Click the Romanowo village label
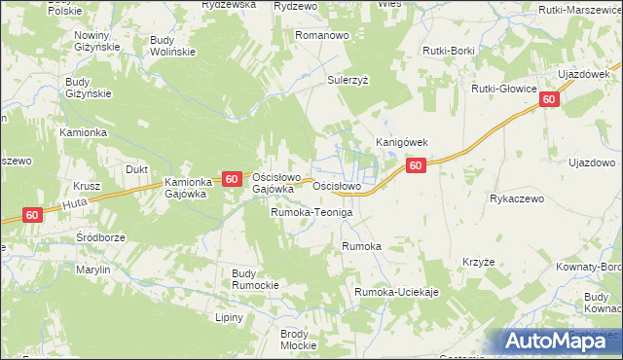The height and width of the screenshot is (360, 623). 322,34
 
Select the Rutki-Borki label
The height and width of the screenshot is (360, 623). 448,50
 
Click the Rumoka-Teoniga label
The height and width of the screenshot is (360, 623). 311,212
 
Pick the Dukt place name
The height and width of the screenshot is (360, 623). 136,169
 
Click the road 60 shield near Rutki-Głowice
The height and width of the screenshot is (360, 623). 550,99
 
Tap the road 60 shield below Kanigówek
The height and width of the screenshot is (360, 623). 416,166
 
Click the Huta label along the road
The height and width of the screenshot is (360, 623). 76,204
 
